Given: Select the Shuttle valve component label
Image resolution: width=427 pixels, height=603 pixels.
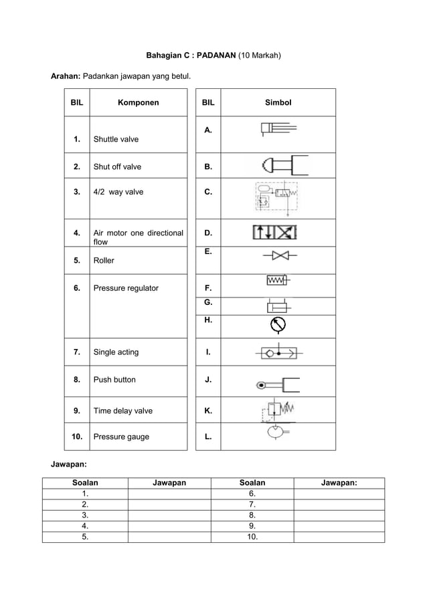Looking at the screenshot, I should (116, 140).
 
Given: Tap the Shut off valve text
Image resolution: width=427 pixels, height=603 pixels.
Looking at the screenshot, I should (117, 166).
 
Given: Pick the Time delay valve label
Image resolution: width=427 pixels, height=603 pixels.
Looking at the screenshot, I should (122, 411).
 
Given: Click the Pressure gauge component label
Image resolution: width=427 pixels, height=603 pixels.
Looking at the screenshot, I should (121, 437).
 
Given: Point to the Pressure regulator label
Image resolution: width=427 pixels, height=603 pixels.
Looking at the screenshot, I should (126, 288).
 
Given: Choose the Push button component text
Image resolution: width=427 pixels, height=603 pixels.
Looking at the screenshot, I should (114, 380).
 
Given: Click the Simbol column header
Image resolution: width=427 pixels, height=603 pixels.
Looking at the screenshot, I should (278, 103).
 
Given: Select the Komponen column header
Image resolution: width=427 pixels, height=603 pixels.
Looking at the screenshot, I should (139, 103).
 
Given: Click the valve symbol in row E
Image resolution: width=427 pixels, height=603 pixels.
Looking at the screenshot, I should (280, 255).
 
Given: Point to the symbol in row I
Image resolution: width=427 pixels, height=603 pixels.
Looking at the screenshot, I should (278, 352).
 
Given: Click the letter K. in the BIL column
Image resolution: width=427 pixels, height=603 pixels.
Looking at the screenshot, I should (209, 411).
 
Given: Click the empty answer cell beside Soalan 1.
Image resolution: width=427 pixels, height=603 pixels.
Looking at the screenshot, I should (169, 493).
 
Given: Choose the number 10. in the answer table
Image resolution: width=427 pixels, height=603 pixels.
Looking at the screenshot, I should (252, 536).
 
